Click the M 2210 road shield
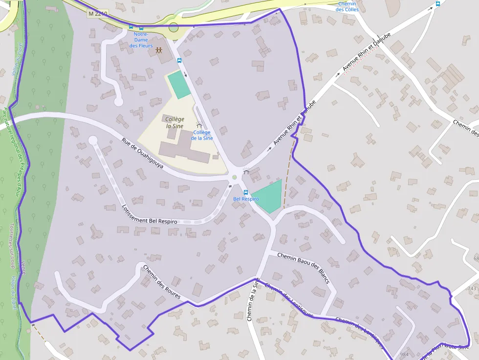[98, 14]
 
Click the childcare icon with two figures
[159, 50]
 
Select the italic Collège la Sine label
[174, 123]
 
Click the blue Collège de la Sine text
[202, 135]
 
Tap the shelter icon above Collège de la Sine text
[199, 125]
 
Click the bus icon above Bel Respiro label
[246, 192]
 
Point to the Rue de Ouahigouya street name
[142, 157]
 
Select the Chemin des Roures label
[161, 282]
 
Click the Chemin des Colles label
[348, 6]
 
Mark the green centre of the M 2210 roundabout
[174, 27]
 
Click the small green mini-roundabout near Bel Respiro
[234, 177]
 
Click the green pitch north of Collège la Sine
[178, 85]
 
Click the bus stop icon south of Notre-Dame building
[179, 61]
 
